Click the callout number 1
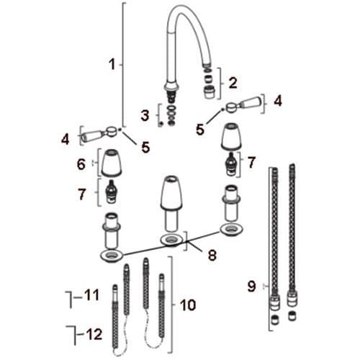pyautogui.click(x=112, y=64)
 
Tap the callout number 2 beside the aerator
pyautogui.click(x=233, y=82)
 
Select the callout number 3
pyautogui.click(x=146, y=114)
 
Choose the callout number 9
pyautogui.click(x=251, y=286)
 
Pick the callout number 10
pyautogui.click(x=188, y=305)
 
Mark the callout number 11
pyautogui.click(x=91, y=294)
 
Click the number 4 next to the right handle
pyautogui.click(x=278, y=102)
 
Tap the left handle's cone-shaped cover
pyautogui.click(x=112, y=164)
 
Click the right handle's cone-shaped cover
pyautogui.click(x=231, y=138)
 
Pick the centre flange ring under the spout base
pyautogui.click(x=171, y=239)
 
